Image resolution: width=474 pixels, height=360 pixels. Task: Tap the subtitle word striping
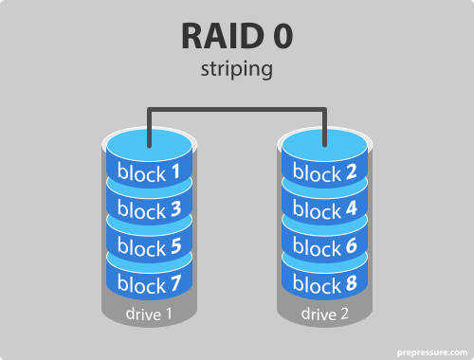pos(237,70)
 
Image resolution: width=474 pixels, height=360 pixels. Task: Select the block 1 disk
pos(149,173)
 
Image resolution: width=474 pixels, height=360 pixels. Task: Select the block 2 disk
pos(325,173)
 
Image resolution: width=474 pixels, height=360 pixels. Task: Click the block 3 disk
pos(149,210)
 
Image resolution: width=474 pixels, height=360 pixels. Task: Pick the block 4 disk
pos(325,210)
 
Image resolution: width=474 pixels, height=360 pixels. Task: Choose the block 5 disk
pos(149,247)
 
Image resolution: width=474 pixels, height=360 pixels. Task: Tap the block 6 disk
pos(325,247)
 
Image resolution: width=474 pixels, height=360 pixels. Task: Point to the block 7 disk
pos(149,283)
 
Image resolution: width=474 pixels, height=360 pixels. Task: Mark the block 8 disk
pos(325,283)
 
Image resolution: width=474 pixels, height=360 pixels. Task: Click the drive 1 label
pos(149,314)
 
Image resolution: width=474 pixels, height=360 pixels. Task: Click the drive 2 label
pos(325,314)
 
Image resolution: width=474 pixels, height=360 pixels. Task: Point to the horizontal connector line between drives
pos(237,110)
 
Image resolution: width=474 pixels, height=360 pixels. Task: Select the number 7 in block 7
pos(174,283)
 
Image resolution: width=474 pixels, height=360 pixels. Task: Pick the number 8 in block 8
pos(351,283)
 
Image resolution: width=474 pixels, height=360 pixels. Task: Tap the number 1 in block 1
pos(174,173)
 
